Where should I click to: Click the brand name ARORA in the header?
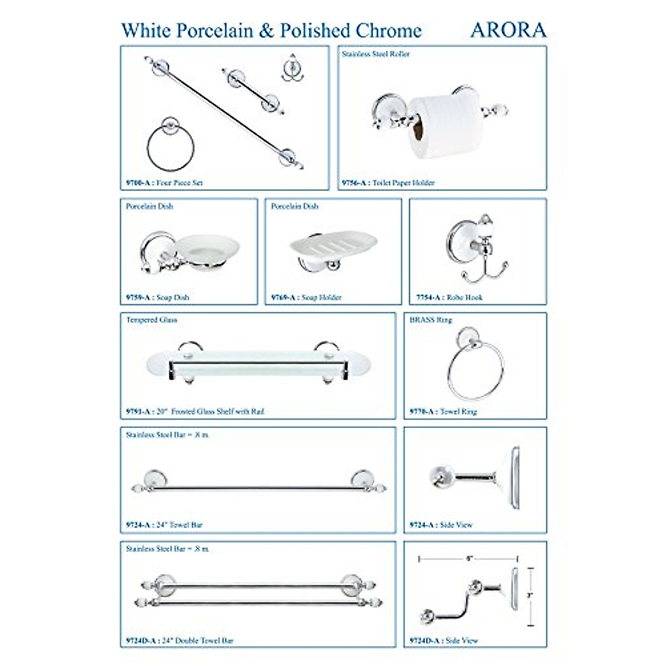point(508,30)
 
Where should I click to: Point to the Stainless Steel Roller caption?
point(376,54)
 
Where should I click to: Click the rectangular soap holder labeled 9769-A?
point(333,245)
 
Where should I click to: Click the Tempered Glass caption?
point(152,320)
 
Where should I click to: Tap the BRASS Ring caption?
point(431,320)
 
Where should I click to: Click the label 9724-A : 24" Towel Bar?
point(164,524)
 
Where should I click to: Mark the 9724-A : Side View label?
point(441,524)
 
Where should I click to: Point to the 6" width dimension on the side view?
point(469,559)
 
